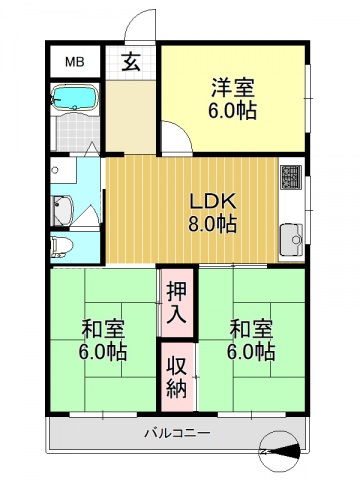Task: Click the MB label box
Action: [75, 62]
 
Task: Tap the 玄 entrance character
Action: [131, 62]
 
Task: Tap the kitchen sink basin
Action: [292, 239]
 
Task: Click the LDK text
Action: [213, 199]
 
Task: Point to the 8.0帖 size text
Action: [213, 224]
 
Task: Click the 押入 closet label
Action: [177, 302]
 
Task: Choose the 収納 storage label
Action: [177, 376]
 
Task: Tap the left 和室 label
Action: [103, 328]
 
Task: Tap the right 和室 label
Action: [251, 328]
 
